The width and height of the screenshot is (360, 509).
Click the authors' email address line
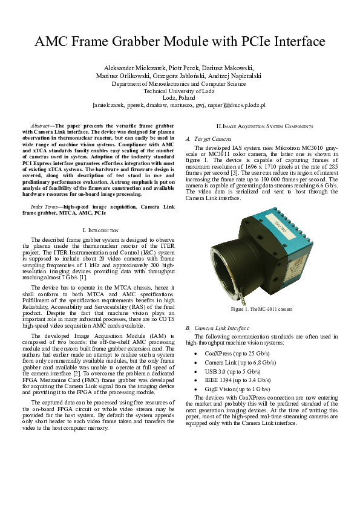[x=179, y=105]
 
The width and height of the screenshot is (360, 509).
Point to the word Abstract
[x=42, y=125]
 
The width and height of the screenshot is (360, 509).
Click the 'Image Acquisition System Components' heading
[x=265, y=126]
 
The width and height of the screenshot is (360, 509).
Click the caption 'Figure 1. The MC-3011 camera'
[x=261, y=310]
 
